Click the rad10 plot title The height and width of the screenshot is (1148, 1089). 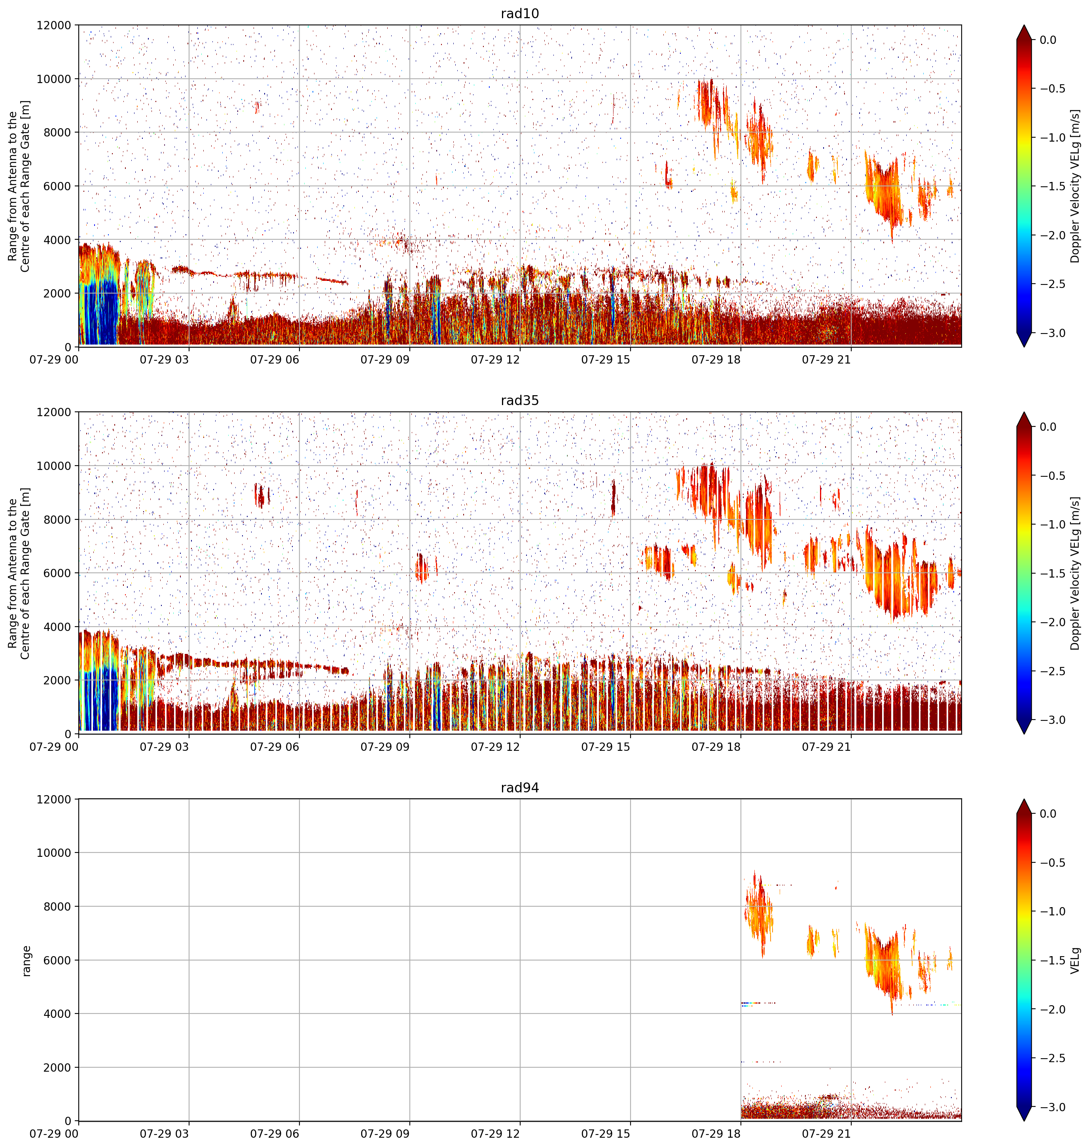click(519, 13)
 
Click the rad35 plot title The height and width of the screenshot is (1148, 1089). click(519, 400)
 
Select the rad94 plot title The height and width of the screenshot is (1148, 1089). click(519, 788)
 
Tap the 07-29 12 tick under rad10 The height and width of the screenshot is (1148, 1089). click(495, 359)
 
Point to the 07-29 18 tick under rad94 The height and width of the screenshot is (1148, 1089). click(716, 1133)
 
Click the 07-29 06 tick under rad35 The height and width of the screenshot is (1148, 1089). click(275, 746)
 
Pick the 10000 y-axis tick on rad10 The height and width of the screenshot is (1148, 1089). click(54, 79)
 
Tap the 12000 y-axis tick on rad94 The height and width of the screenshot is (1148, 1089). click(54, 799)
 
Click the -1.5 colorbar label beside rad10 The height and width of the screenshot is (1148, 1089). click(1051, 186)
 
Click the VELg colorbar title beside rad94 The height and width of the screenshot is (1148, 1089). click(1076, 960)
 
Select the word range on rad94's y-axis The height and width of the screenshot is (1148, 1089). click(26, 960)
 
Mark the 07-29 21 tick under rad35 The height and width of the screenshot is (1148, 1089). click(826, 746)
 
